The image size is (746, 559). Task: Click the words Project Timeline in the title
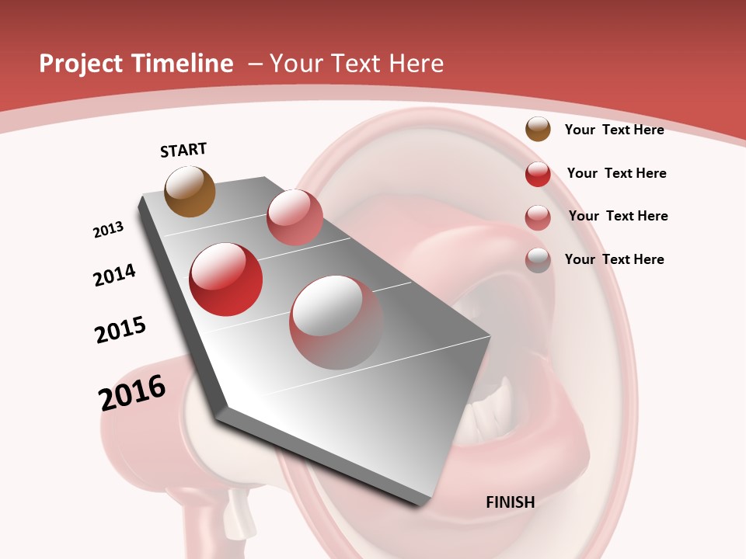pyautogui.click(x=136, y=64)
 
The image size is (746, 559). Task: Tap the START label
pyautogui.click(x=183, y=150)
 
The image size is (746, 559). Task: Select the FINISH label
pyautogui.click(x=510, y=502)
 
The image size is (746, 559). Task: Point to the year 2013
pyautogui.click(x=108, y=230)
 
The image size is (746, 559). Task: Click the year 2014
pyautogui.click(x=114, y=275)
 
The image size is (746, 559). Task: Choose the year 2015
pyautogui.click(x=120, y=329)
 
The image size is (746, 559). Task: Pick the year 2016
pyautogui.click(x=132, y=393)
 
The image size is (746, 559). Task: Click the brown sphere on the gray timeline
pyautogui.click(x=190, y=191)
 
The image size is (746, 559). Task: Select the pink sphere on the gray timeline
pyautogui.click(x=295, y=217)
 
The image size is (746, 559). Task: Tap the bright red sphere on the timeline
pyautogui.click(x=226, y=279)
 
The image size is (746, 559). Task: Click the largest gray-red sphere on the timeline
pyautogui.click(x=336, y=322)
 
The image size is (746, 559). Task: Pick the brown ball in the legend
pyautogui.click(x=538, y=130)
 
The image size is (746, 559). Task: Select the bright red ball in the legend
pyautogui.click(x=538, y=174)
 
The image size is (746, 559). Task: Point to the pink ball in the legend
pyautogui.click(x=538, y=217)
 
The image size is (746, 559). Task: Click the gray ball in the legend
pyautogui.click(x=538, y=260)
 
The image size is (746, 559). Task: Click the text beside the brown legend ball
pyautogui.click(x=614, y=130)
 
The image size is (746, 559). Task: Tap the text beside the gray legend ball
pyautogui.click(x=614, y=259)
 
